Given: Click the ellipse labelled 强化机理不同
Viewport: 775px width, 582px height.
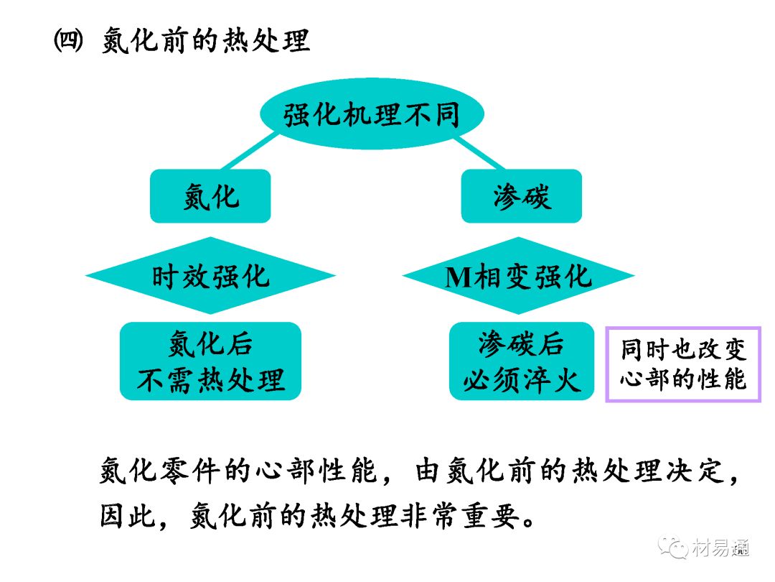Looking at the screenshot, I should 372,115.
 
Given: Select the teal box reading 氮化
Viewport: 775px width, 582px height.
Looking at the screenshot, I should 210,196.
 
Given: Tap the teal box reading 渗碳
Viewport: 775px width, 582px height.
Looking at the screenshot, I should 521,196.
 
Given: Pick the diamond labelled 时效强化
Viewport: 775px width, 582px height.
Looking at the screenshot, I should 210,276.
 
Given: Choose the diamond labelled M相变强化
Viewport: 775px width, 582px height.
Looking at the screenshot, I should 518,276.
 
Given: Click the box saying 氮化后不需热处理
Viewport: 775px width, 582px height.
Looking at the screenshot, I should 210,361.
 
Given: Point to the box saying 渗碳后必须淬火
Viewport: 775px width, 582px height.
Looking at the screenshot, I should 522,361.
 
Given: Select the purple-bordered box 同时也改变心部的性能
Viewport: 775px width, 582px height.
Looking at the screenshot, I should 682,364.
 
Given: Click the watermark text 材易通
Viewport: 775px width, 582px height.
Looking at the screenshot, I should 721,548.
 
